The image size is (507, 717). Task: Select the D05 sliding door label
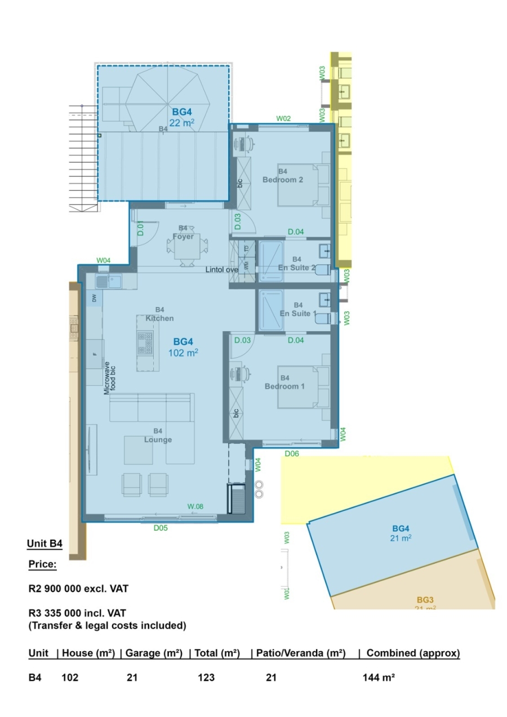pos(161,528)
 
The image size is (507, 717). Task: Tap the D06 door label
pos(291,453)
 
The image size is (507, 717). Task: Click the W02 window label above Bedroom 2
pos(283,118)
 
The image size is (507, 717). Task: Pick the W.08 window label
pos(195,506)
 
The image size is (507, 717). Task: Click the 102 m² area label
pos(183,353)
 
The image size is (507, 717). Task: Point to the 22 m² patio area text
pos(182,123)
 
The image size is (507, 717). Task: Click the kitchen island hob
pos(145,342)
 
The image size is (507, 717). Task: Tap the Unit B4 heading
pos(45,544)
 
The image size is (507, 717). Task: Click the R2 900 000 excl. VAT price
pos(78,589)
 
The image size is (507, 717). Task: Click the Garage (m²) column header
pos(154,653)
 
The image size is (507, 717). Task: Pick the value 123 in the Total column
pos(206,678)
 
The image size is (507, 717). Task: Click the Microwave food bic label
pos(109,378)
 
